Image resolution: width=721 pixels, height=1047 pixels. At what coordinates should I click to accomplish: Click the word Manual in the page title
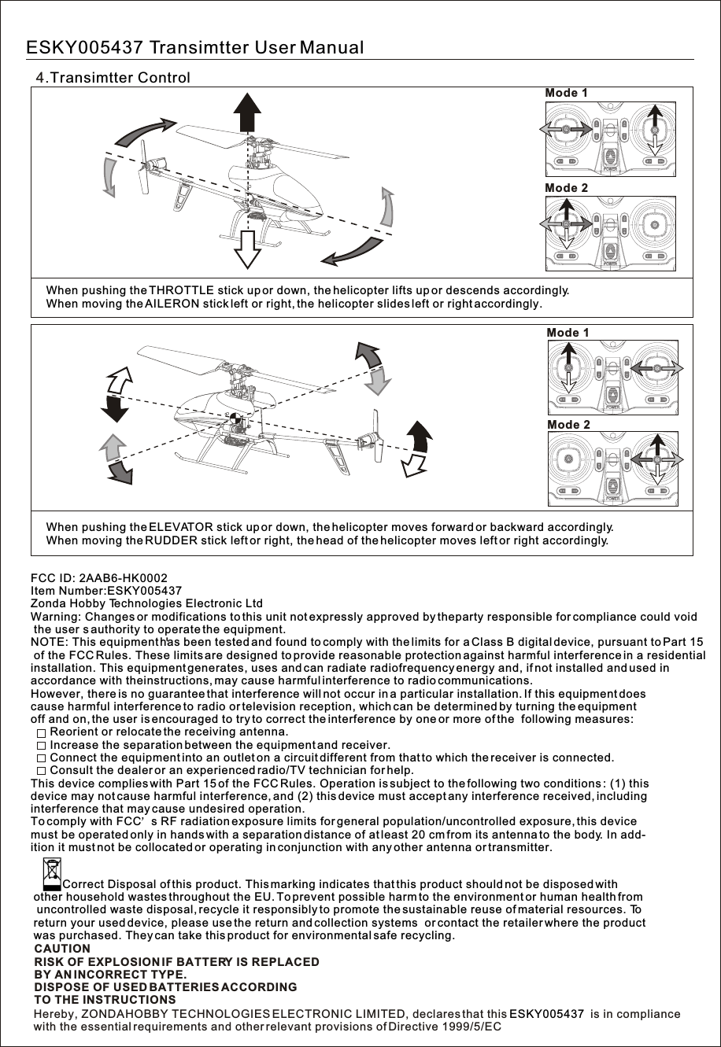click(x=331, y=48)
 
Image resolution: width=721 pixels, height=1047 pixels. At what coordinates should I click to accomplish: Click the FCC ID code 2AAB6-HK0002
click(x=124, y=578)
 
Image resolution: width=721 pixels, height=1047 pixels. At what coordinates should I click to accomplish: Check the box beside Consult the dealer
click(x=42, y=770)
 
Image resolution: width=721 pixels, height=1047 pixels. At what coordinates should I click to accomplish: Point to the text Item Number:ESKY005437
click(x=106, y=591)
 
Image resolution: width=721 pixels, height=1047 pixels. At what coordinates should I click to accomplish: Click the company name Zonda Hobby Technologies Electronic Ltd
click(x=146, y=603)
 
